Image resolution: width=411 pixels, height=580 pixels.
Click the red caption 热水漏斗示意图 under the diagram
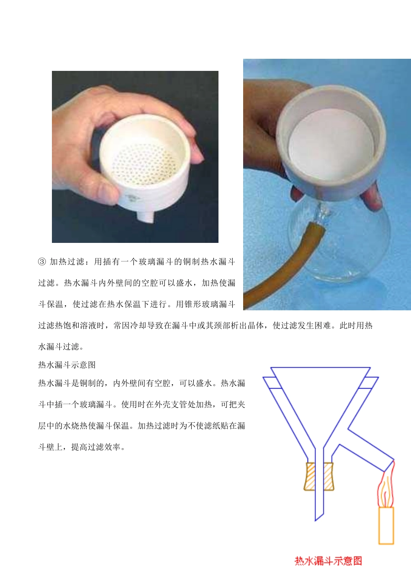328,561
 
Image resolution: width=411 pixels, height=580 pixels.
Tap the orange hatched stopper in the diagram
319,476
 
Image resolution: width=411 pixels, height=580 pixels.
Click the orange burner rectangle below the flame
386,525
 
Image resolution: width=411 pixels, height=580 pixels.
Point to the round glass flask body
342,242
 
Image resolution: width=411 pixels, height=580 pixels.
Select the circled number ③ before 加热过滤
42,261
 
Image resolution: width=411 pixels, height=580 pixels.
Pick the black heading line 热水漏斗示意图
67,365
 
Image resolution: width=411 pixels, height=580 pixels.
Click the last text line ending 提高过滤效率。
82,447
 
